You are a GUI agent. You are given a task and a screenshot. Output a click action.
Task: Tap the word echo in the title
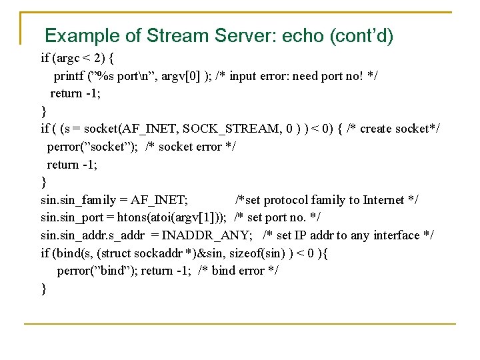click(x=304, y=35)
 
